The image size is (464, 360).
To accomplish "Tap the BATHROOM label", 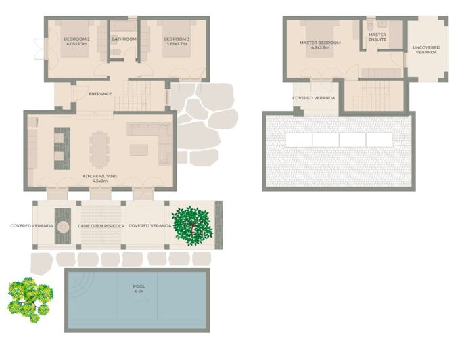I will pos(124,39).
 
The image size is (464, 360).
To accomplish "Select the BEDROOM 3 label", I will pos(176,42).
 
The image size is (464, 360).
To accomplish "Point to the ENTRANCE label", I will pos(100,94).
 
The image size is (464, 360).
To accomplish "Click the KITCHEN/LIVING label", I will pos(100,179).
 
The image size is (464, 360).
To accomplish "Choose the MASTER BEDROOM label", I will pos(320,45).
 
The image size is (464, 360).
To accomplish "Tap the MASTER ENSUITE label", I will pos(377,37).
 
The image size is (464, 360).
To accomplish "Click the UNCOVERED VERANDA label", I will pos(426,50).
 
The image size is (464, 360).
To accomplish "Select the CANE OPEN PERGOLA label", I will pos(101,225).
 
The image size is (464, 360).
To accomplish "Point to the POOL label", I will pos(139,289).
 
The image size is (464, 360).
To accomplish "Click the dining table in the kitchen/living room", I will pos(100,149).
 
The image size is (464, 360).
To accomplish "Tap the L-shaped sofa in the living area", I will pos(153,143).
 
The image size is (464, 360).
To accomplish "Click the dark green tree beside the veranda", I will pos(192,225).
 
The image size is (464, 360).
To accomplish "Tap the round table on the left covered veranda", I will pos(64,227).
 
